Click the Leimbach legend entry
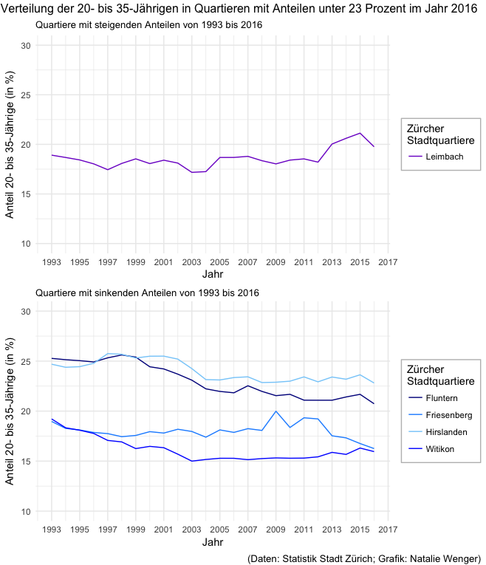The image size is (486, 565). [x=440, y=157]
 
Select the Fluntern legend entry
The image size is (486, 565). [x=441, y=398]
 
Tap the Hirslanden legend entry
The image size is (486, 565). [x=446, y=431]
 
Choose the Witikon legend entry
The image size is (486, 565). [x=439, y=448]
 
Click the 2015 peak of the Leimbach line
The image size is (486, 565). [x=360, y=133]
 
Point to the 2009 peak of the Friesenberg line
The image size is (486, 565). [x=275, y=411]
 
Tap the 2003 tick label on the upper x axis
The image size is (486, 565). [x=191, y=261]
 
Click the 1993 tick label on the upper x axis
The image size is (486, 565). [x=52, y=261]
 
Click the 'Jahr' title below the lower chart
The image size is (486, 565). [x=213, y=543]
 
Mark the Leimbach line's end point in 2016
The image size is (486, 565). [x=374, y=146]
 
